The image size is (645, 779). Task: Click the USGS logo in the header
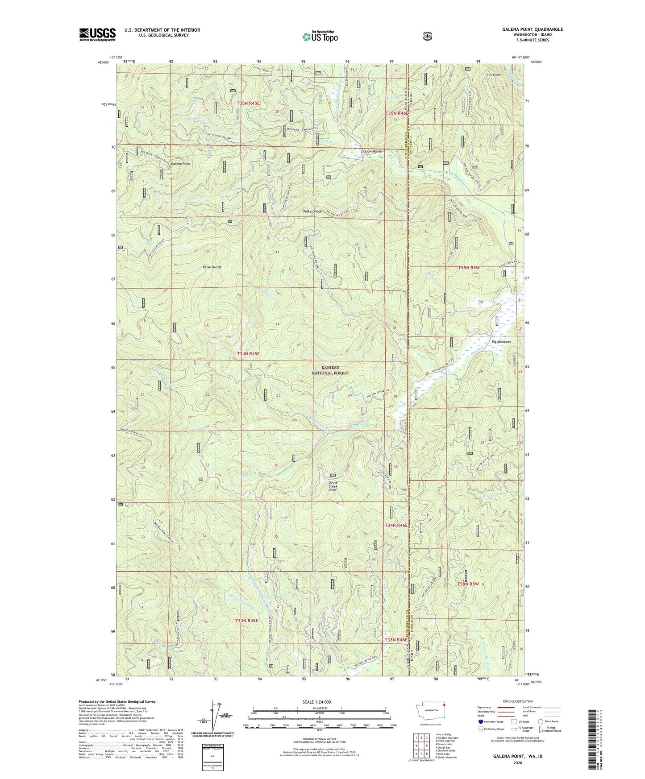pos(97,34)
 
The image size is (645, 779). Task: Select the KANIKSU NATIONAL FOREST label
pos(330,370)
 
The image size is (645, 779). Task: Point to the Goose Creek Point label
pos(333,486)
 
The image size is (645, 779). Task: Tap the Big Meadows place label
pos(501,342)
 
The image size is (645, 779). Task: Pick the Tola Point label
pos(493,75)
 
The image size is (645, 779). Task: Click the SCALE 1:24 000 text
pos(316,702)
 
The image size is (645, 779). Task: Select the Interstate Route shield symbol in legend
pos(480,721)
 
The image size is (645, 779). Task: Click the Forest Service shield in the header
pos(427,36)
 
